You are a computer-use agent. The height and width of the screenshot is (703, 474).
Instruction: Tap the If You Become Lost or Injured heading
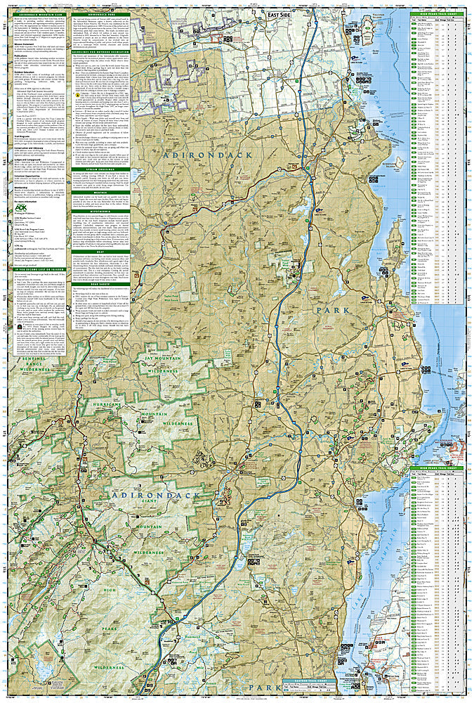pos(36,269)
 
